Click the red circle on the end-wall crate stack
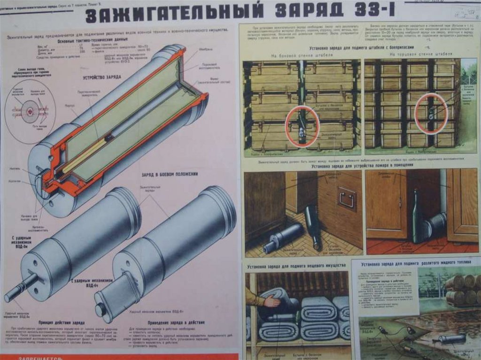point(431,113)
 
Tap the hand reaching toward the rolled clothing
point(270,301)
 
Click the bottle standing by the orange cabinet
point(417,216)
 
